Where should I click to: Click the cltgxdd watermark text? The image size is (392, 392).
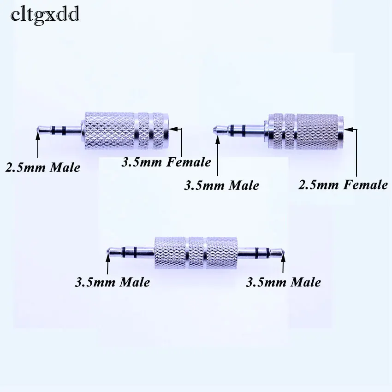tap(45, 15)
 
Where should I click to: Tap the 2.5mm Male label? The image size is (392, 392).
tap(42, 167)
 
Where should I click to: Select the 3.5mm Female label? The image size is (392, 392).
tap(166, 162)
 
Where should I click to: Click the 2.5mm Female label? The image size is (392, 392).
tap(343, 184)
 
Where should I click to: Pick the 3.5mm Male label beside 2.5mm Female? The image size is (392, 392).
tap(221, 185)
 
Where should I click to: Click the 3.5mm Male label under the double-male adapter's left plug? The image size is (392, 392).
tap(112, 282)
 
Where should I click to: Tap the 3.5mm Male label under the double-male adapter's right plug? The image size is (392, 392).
tap(283, 282)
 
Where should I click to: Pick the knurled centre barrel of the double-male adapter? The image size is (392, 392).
tap(196, 252)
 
